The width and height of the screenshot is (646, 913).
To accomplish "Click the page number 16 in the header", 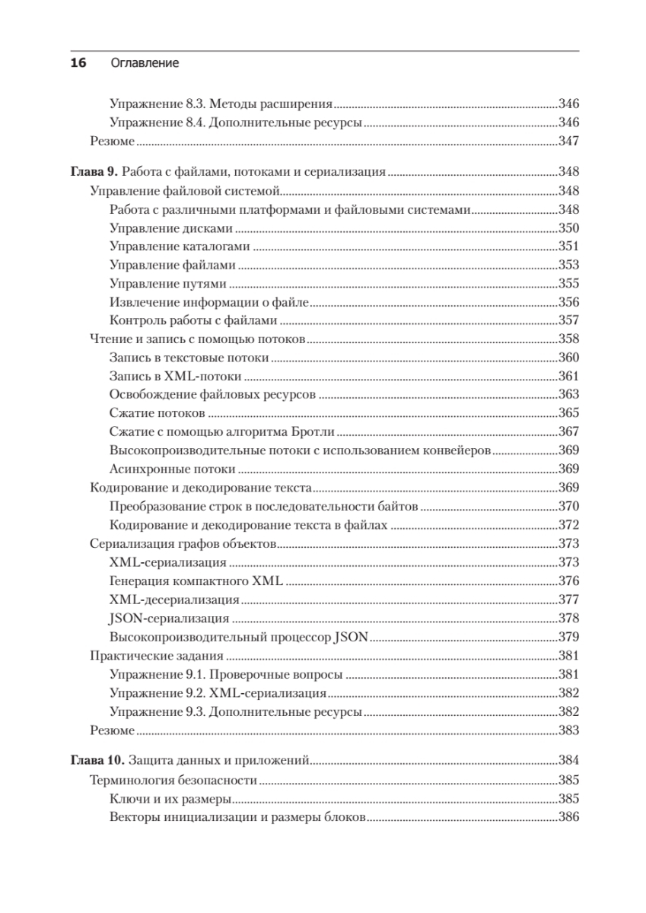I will pos(78,64).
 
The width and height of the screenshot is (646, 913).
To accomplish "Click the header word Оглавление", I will pos(145,64).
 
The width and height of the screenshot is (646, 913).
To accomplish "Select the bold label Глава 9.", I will pos(94,172).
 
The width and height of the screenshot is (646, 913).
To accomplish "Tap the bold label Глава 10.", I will pos(97,760).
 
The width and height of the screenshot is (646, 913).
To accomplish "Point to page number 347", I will pos(568,142).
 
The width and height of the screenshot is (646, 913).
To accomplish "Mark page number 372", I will pos(568,525).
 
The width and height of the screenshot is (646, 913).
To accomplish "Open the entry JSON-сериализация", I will pos(169,618).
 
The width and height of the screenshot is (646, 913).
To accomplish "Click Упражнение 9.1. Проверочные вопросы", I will pos(225,674).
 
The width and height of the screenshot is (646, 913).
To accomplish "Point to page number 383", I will pos(568,730).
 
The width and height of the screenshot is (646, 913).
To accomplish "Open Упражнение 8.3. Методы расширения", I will pos(221,104).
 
